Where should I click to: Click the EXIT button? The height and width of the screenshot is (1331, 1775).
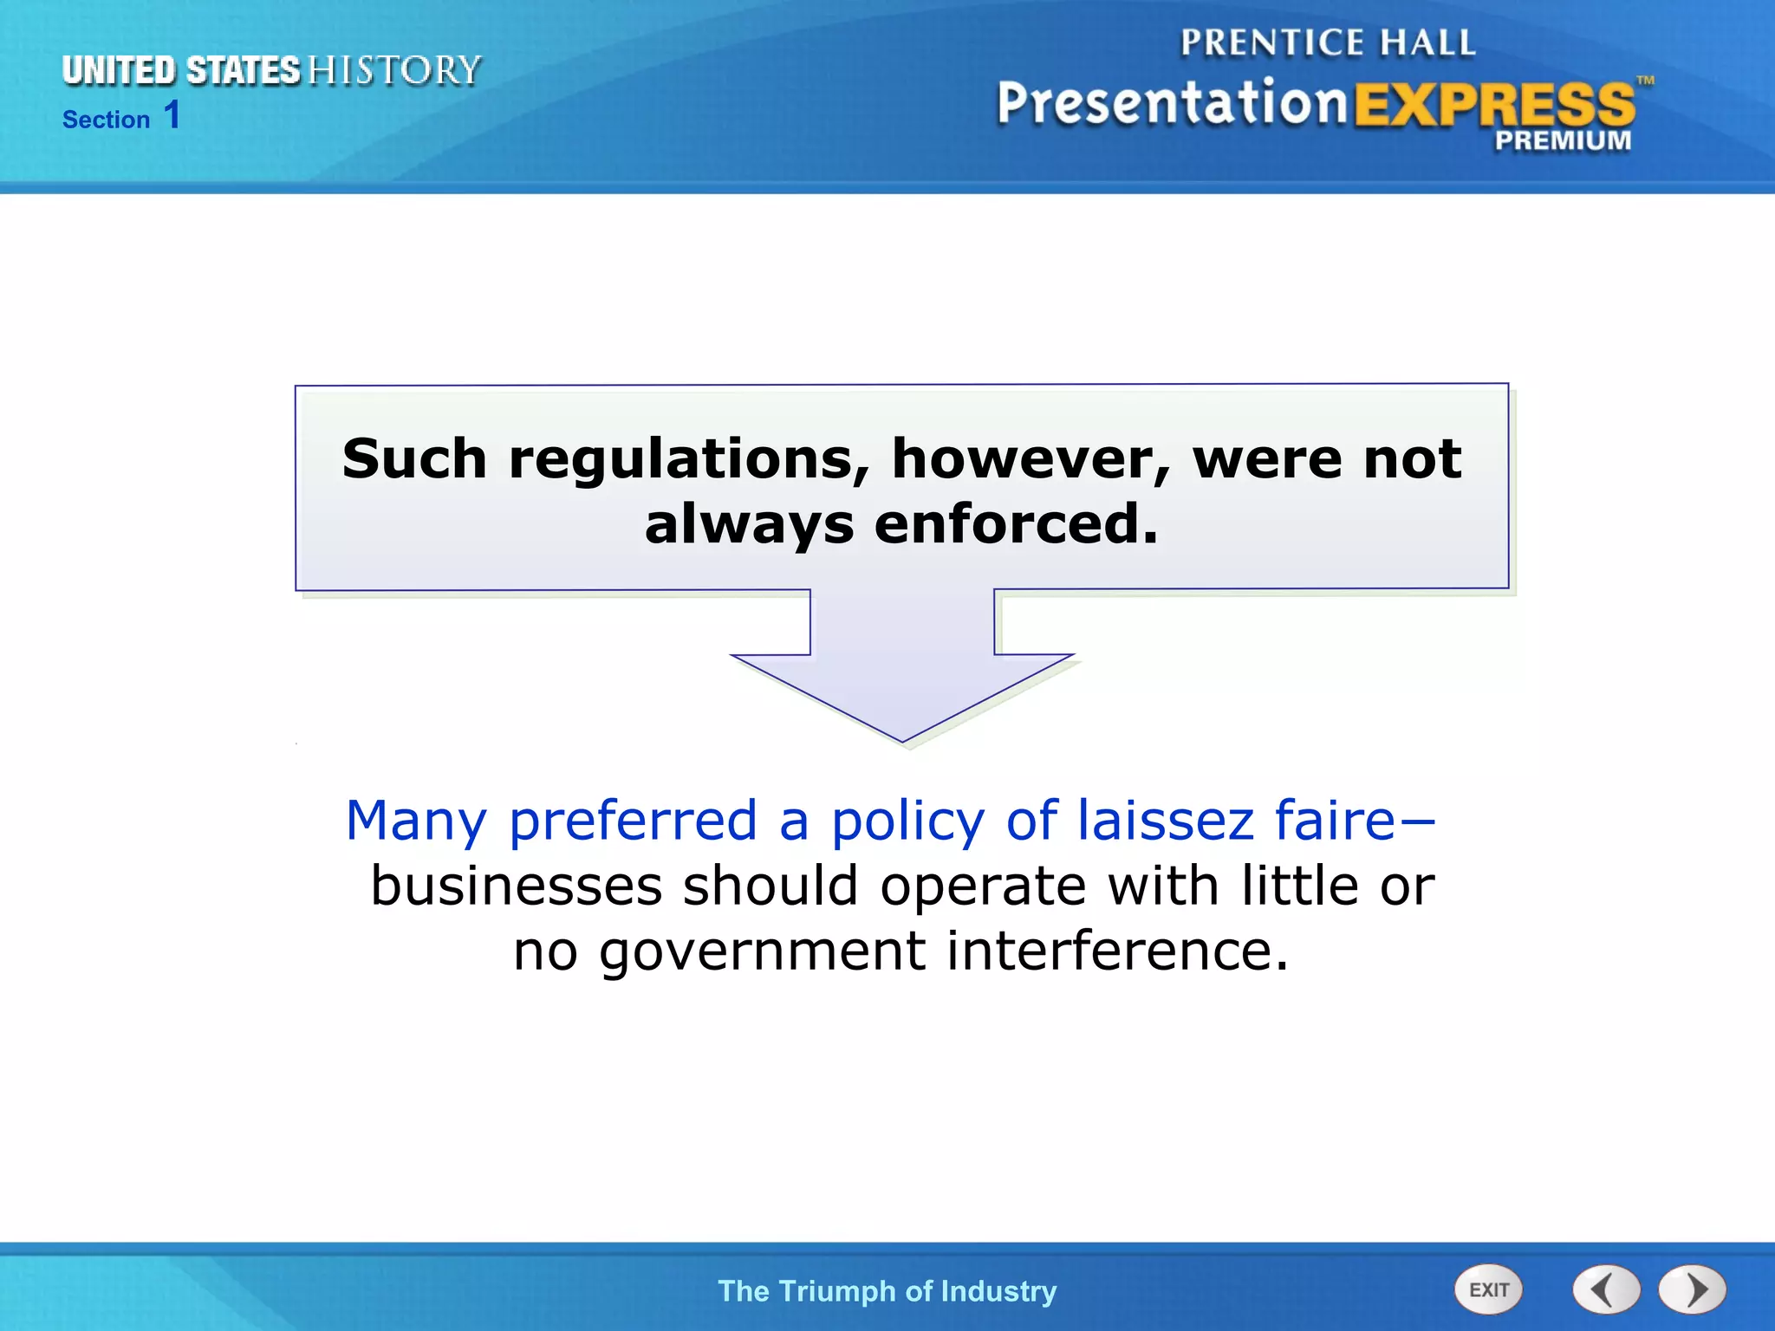click(1488, 1289)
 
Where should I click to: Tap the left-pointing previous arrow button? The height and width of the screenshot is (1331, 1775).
click(1606, 1289)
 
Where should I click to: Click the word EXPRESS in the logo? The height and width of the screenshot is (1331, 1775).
click(1493, 105)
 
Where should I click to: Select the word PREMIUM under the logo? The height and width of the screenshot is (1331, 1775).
click(1562, 140)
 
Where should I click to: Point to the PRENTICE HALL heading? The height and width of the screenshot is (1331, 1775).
click(1328, 42)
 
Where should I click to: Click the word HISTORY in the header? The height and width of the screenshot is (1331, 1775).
click(394, 70)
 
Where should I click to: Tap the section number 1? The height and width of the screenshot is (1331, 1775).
click(172, 115)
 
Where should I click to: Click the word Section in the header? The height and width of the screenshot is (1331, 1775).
click(107, 120)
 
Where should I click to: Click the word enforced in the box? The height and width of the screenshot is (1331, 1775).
click(1016, 524)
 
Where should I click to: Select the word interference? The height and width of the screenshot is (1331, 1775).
click(1117, 951)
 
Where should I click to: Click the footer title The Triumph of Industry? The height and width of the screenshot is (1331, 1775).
click(887, 1291)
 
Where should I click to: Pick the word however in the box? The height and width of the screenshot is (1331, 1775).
click(1031, 458)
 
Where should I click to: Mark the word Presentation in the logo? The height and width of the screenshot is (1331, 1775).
click(1172, 103)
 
